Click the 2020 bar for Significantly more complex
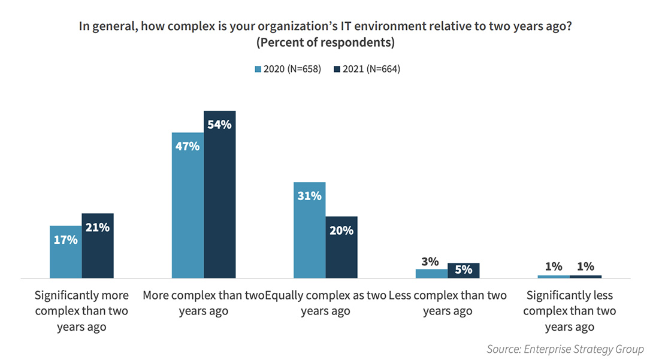(x=65, y=252)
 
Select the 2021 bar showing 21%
(x=98, y=246)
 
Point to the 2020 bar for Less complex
(x=431, y=274)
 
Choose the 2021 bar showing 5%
(x=464, y=271)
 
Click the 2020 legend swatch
(x=258, y=69)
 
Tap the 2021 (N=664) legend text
(x=371, y=69)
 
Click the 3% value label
(x=430, y=261)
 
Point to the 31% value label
(x=309, y=196)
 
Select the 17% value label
(x=65, y=240)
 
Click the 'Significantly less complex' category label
(x=569, y=311)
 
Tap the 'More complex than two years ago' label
(x=203, y=303)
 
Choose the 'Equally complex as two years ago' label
(x=325, y=303)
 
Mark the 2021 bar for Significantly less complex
(x=585, y=277)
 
